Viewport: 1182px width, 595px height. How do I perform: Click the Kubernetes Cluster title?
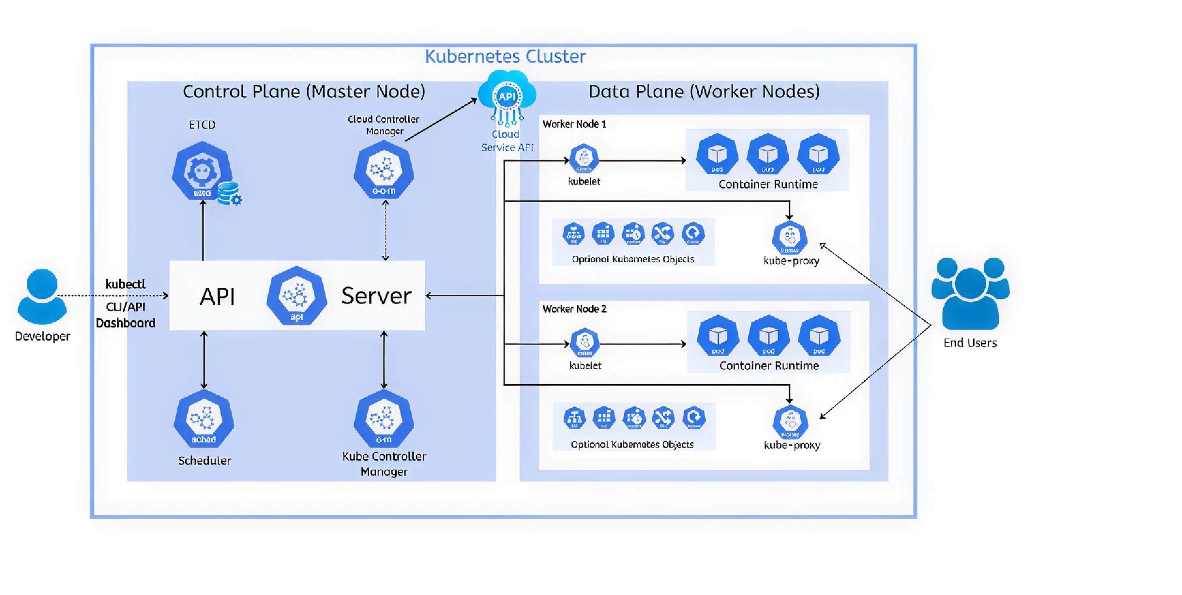pos(505,56)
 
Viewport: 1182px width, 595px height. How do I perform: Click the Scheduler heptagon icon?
pos(204,419)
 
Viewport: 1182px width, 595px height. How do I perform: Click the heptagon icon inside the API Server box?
pos(296,296)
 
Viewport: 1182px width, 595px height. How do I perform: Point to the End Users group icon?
pos(970,294)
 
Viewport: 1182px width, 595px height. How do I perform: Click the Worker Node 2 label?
pos(574,309)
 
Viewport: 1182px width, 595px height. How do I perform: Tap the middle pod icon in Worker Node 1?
pos(768,155)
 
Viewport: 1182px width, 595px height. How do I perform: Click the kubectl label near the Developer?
pos(125,284)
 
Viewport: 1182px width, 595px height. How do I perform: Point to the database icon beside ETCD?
pos(229,193)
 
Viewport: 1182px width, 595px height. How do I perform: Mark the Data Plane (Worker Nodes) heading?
pos(704,91)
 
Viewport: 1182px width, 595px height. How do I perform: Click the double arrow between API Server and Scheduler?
pos(204,360)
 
